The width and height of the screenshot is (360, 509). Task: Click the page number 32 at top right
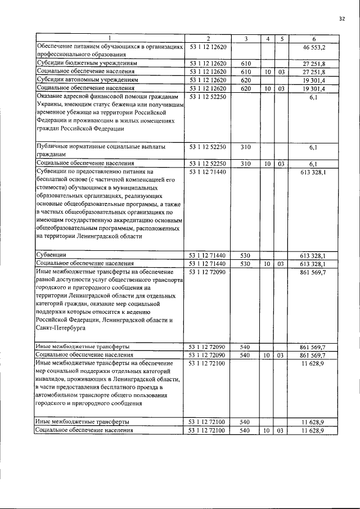point(341,19)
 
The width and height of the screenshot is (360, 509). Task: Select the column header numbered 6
point(314,38)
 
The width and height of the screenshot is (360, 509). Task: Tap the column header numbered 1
point(110,38)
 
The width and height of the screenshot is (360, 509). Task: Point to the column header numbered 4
point(268,38)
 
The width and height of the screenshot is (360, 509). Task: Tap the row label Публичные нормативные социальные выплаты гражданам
point(101,150)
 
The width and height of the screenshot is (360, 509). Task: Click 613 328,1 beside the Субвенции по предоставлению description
point(313,172)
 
